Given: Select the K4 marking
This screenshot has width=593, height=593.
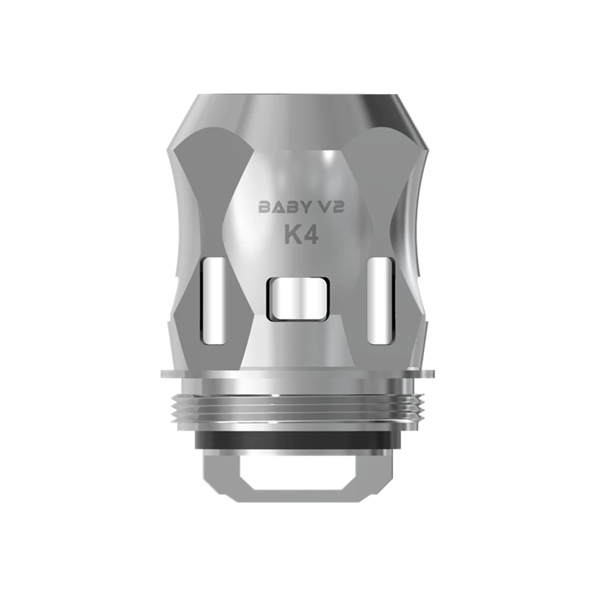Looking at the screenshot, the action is point(301,236).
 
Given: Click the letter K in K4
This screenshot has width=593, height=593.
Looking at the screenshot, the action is point(292,236).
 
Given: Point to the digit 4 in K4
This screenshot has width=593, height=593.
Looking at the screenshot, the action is point(310,236).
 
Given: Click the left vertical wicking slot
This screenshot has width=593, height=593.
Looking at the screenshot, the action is point(214,301).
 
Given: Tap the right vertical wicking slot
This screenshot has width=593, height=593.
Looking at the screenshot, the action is point(380,301).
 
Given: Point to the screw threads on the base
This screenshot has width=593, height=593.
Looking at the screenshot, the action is point(297,409).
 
